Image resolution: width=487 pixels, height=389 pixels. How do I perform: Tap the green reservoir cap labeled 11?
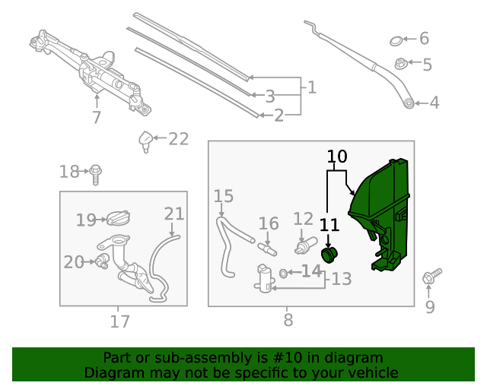pyautogui.click(x=329, y=255)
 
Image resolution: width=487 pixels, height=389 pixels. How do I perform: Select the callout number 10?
pyautogui.click(x=337, y=157)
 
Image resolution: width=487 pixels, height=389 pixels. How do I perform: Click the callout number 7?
pyautogui.click(x=97, y=118)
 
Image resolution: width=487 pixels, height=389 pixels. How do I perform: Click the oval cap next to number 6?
pyautogui.click(x=396, y=40)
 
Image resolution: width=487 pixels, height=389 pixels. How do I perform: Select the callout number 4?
pyautogui.click(x=434, y=103)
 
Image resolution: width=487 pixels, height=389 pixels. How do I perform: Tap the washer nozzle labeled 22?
pyautogui.click(x=145, y=141)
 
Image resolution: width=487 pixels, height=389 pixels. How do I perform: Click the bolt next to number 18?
pyautogui.click(x=95, y=174)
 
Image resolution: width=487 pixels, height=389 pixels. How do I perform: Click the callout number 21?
pyautogui.click(x=174, y=214)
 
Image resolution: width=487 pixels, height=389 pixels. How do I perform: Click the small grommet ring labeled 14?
pyautogui.click(x=284, y=272)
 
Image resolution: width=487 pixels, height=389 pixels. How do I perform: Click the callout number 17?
pyautogui.click(x=119, y=321)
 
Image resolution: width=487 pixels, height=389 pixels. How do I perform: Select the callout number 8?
pyautogui.click(x=288, y=321)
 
